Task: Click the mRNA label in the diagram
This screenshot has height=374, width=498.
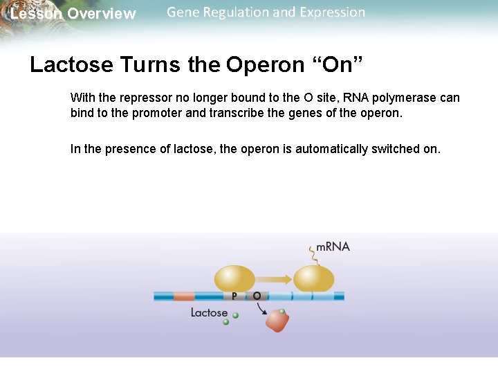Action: [333, 247]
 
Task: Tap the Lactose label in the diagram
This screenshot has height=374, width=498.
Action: [209, 312]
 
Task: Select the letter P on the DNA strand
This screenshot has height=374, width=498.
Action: [234, 296]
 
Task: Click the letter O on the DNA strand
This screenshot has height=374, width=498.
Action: [257, 296]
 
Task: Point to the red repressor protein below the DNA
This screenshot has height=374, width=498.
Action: [278, 321]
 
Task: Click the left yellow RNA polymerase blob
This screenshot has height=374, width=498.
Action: [234, 278]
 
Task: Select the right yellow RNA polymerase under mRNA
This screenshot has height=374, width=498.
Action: [314, 279]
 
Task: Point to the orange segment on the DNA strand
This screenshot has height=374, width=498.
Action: [184, 296]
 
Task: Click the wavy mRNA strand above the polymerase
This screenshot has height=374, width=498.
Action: [313, 256]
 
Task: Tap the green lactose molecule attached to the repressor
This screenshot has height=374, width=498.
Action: [282, 311]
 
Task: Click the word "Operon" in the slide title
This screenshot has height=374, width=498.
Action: [265, 64]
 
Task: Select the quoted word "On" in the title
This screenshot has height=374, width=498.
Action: [338, 64]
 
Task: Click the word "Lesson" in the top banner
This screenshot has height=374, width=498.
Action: [36, 14]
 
